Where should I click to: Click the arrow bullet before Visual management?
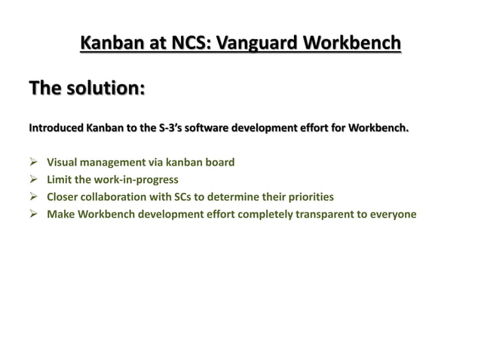[x=34, y=162]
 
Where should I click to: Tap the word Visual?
[x=63, y=162]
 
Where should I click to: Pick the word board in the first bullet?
[x=219, y=162]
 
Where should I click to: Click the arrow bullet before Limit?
[x=34, y=179]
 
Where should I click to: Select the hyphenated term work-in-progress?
[x=134, y=179]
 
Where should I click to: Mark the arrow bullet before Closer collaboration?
[x=34, y=197]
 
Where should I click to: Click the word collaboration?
[x=116, y=197]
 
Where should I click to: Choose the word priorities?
[x=307, y=197]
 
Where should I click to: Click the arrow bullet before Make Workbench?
[x=34, y=215]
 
